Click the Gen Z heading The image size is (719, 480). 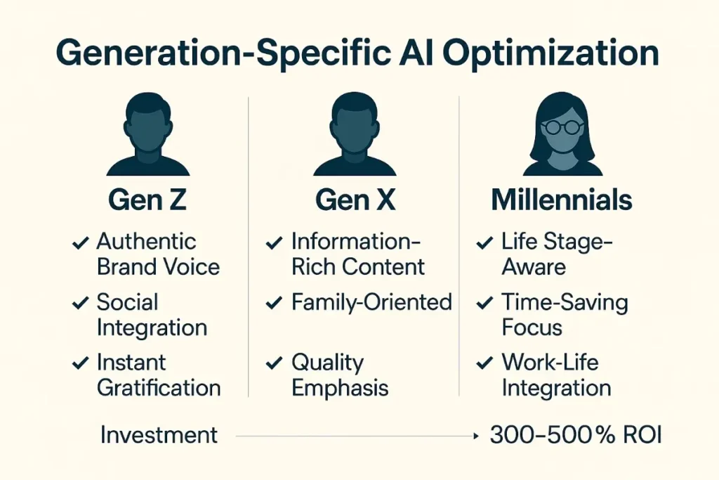pos(148,200)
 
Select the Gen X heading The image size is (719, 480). pos(355,200)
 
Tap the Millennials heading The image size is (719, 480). pos(562,200)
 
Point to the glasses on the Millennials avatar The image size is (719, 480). pos(562,127)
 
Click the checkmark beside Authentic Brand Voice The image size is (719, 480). pos(80,244)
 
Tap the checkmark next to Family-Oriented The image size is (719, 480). pos(275,304)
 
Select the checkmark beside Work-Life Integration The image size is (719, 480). pos(484,364)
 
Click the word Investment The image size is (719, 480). pos(159,435)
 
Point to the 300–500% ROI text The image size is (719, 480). pos(576,435)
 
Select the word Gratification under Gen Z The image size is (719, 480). pos(159,387)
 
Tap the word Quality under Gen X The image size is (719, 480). pos(328,363)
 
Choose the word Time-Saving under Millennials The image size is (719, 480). pos(565,303)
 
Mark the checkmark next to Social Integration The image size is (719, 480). pos(80,304)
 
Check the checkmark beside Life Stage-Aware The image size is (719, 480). pos(484,244)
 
